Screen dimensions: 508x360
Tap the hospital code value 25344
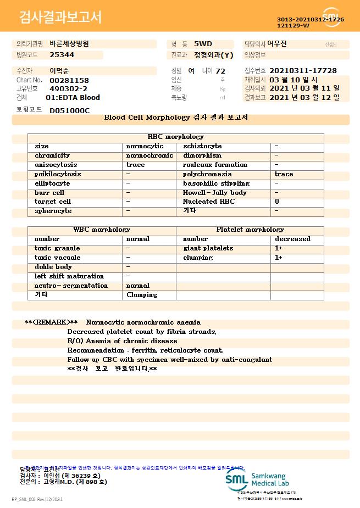pyautogui.click(x=62, y=55)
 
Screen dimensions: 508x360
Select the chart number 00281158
pyautogui.click(x=69, y=80)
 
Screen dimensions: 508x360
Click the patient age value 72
pyautogui.click(x=220, y=71)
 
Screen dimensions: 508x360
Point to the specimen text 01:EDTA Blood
pyautogui.click(x=73, y=98)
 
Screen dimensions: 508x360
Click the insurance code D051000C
pyautogui.click(x=69, y=110)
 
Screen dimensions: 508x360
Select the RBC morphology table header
pyautogui.click(x=175, y=137)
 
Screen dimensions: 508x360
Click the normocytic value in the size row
pyautogui.click(x=145, y=146)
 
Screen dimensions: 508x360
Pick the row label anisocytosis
pyautogui.click(x=56, y=165)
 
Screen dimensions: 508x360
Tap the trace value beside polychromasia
pyautogui.click(x=284, y=174)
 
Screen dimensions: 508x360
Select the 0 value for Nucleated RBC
pyautogui.click(x=277, y=202)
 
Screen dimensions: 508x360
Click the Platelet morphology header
pyautogui.click(x=250, y=230)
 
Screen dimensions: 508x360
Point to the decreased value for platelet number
pyautogui.click(x=292, y=239)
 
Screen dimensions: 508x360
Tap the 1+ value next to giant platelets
pyautogui.click(x=279, y=248)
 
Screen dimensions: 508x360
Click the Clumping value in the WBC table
pyautogui.click(x=142, y=295)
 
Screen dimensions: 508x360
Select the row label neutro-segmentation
pyautogui.click(x=71, y=286)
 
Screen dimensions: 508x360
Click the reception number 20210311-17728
pyautogui.click(x=303, y=71)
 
